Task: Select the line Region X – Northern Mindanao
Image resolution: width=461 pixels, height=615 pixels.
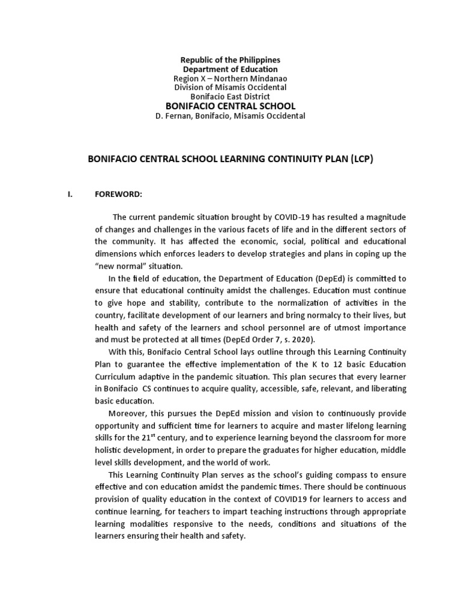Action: pos(230,79)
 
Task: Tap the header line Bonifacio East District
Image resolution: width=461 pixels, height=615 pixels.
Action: pos(230,97)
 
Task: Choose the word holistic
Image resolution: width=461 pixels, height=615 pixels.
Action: pos(112,450)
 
